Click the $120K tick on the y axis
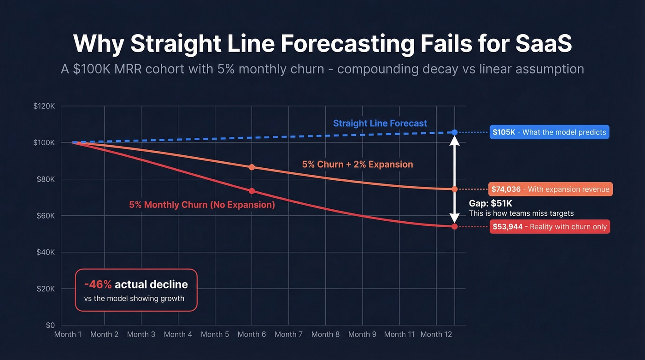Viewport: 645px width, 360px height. pos(44,106)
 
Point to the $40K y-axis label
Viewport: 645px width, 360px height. pos(46,252)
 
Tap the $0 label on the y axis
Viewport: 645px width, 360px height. pos(50,325)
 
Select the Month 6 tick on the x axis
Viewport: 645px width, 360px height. pos(252,334)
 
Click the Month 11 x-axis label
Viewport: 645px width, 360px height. pos(399,334)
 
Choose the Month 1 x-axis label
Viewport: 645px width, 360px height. pos(68,334)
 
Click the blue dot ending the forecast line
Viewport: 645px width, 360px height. pos(455,132)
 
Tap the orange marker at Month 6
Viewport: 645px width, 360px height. pos(252,167)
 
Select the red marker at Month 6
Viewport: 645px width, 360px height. pos(252,191)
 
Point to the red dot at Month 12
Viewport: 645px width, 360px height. pos(455,226)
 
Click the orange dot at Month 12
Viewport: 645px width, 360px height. pos(455,189)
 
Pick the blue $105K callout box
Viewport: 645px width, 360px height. pos(549,132)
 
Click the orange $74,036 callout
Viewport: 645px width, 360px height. pos(551,189)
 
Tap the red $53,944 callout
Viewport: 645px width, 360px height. pos(550,226)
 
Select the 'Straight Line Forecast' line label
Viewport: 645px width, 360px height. pos(380,124)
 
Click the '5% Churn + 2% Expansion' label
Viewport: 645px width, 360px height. pos(358,164)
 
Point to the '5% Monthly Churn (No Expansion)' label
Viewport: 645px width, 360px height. pos(202,205)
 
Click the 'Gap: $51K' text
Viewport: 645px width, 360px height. pos(490,203)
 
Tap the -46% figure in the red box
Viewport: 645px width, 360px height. pos(98,284)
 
